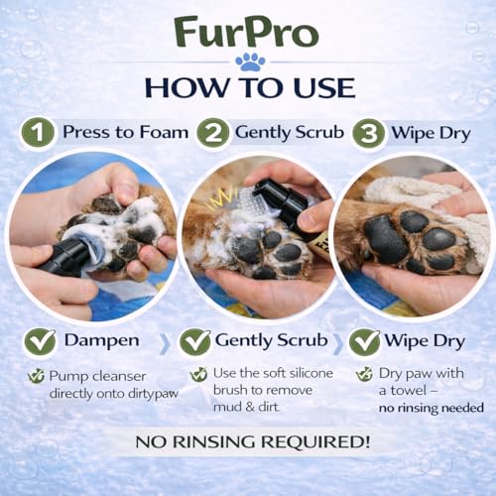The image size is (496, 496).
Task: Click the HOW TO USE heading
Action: [248, 87]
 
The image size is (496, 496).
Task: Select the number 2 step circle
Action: [212, 133]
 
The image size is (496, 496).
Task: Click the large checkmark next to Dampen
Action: [40, 342]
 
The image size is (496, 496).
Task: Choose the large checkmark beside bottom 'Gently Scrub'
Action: [194, 342]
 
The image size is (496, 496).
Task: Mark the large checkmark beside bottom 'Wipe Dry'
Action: [363, 342]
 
